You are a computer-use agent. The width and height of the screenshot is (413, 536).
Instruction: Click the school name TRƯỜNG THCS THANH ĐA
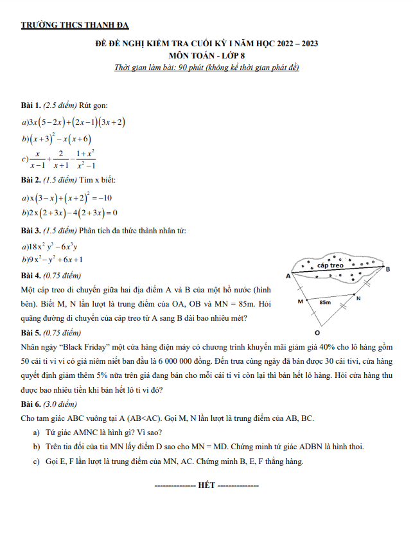(x=75, y=25)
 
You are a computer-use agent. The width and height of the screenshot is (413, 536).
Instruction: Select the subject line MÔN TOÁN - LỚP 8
(x=206, y=56)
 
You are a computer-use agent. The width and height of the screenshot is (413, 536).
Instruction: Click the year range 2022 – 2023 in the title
(x=298, y=44)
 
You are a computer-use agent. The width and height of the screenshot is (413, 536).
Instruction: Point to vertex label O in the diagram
(x=317, y=334)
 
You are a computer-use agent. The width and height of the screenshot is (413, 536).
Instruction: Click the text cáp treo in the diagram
(x=331, y=265)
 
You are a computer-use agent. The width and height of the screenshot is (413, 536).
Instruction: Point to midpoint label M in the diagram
(x=299, y=301)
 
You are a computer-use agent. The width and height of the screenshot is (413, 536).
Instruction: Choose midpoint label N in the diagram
(x=358, y=298)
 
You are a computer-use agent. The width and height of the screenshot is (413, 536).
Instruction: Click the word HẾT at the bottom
(x=207, y=484)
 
